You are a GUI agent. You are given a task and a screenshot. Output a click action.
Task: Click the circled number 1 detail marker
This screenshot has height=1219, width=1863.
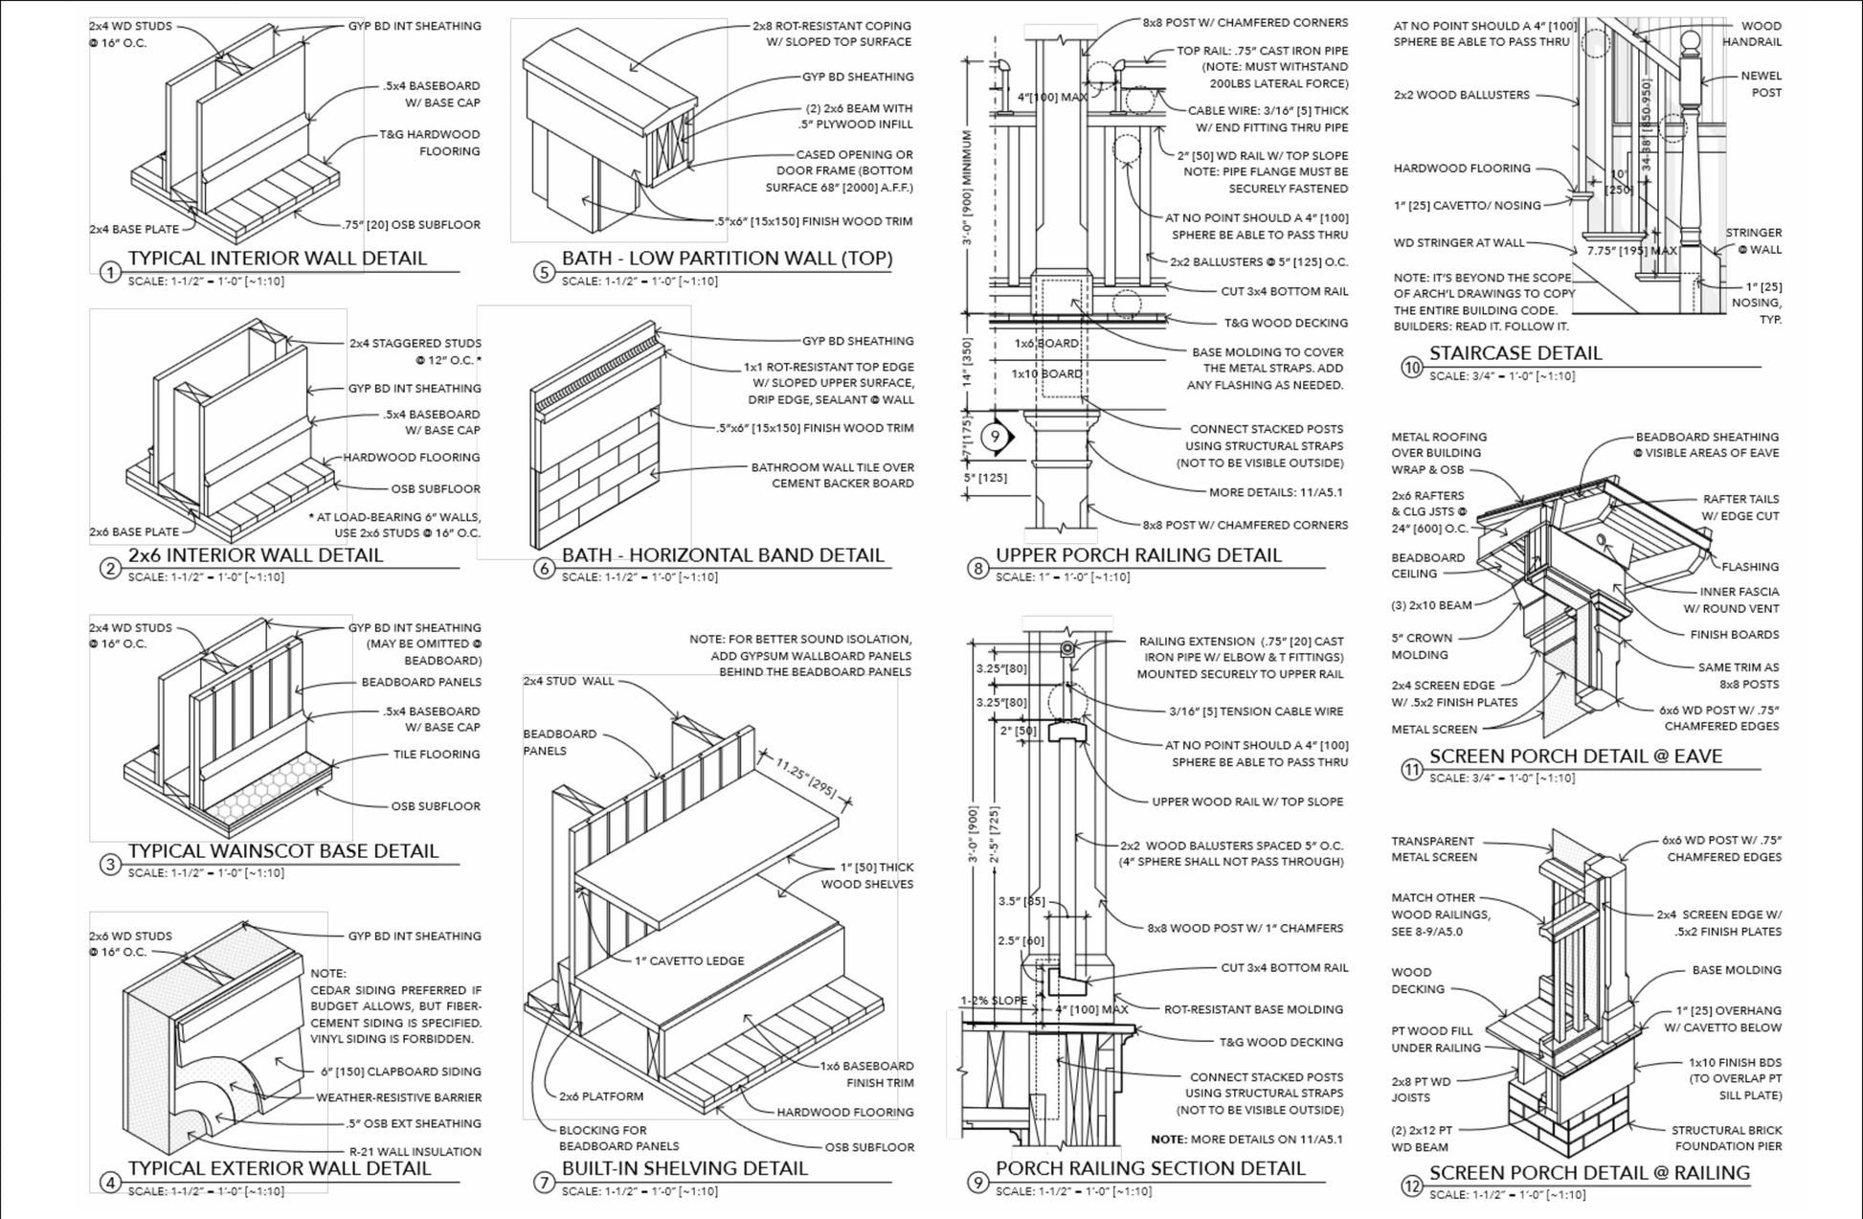(110, 273)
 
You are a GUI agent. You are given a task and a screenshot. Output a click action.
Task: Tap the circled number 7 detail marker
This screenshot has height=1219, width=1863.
(544, 1183)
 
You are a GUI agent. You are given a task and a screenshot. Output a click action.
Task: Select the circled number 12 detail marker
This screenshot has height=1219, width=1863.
(1411, 1186)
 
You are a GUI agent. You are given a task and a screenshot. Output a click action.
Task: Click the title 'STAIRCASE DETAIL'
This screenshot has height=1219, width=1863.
(1515, 352)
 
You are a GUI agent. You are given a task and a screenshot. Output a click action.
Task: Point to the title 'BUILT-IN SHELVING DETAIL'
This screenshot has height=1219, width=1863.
(685, 1167)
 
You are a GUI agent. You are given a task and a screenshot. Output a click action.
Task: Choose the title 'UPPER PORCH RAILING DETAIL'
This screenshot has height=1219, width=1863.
(1137, 554)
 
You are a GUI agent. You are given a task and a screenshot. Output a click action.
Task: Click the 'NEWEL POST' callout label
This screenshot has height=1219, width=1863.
(1761, 84)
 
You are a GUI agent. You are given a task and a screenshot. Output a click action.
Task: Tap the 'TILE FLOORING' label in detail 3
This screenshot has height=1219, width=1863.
(436, 755)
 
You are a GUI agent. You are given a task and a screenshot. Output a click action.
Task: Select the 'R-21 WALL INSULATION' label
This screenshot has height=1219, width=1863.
(414, 1151)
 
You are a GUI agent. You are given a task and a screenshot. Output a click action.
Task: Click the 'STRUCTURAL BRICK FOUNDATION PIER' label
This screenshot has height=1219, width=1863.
(1726, 1138)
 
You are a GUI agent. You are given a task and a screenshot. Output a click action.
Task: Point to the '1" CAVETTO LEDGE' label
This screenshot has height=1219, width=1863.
(688, 960)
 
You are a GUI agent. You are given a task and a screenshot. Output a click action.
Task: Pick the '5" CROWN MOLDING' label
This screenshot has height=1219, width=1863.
(1421, 646)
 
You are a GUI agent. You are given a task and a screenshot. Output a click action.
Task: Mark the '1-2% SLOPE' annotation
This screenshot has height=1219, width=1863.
(994, 1001)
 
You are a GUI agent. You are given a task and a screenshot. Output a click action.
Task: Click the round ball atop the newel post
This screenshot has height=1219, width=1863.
(1691, 41)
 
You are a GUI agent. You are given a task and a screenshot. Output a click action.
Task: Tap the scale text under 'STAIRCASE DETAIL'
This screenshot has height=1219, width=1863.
(1501, 376)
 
